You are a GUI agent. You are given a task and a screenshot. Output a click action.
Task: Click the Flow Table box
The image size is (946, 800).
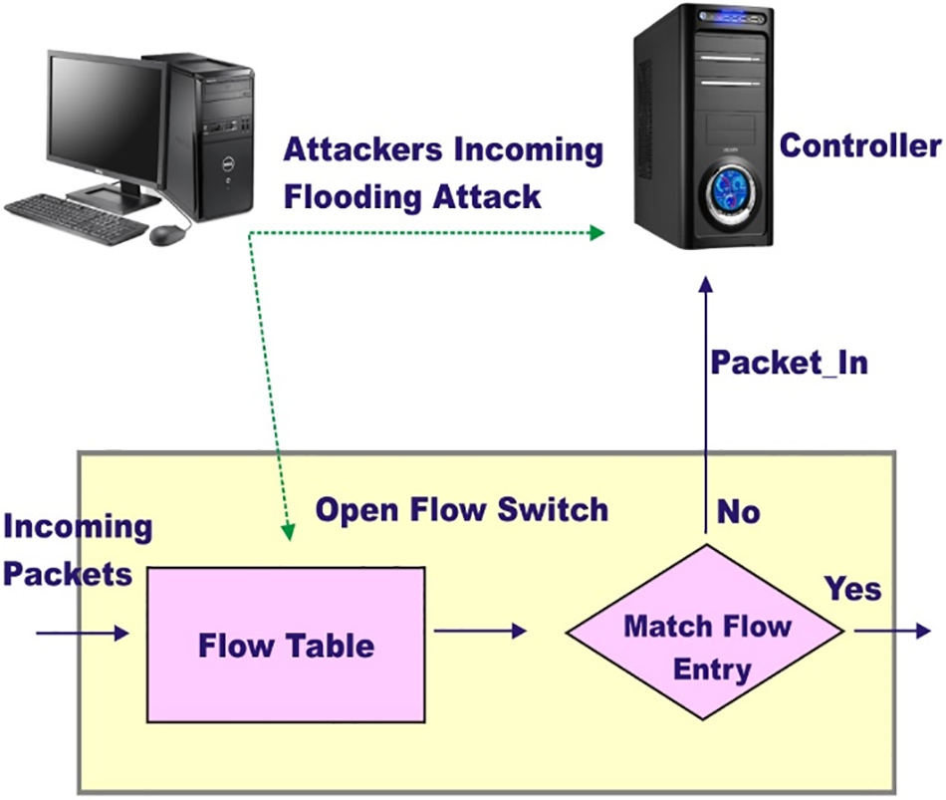(287, 645)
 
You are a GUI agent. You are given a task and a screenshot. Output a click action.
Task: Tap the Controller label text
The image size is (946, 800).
(860, 146)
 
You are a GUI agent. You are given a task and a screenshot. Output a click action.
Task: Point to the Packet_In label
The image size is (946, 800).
(789, 362)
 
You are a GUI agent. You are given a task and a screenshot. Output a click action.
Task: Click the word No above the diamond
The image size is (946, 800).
(738, 512)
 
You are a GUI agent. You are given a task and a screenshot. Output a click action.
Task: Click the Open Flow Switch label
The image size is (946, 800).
(462, 510)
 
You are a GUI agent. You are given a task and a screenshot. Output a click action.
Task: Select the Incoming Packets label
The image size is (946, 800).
(78, 550)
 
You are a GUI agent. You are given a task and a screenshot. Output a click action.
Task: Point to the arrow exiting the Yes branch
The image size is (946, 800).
(891, 631)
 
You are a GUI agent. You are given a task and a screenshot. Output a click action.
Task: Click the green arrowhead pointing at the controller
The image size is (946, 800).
(596, 232)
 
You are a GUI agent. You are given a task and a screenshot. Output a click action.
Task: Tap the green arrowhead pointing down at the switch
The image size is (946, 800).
(288, 534)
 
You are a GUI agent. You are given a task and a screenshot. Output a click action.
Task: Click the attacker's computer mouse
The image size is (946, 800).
(168, 235)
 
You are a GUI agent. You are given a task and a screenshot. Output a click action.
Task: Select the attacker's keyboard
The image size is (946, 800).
(75, 217)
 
